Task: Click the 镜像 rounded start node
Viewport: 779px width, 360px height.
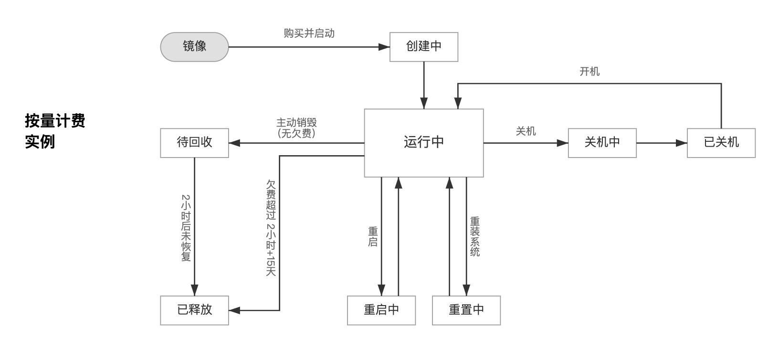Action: (x=194, y=47)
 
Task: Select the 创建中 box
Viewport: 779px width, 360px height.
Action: (x=424, y=47)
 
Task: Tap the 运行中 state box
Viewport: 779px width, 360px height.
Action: (x=424, y=143)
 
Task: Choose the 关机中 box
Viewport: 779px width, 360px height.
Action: (x=602, y=143)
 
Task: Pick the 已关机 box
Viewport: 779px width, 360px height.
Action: (x=721, y=143)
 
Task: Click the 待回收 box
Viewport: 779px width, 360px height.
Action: (x=194, y=143)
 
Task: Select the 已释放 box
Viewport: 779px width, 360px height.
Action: (x=194, y=310)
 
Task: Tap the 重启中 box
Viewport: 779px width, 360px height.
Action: (x=381, y=310)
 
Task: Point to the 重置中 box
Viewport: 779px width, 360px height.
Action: (x=466, y=310)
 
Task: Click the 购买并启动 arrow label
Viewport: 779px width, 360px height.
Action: (x=309, y=33)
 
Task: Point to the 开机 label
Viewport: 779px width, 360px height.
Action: (x=589, y=72)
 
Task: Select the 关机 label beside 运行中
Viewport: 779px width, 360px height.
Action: (x=526, y=131)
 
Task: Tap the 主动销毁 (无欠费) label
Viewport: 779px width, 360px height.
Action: (x=296, y=128)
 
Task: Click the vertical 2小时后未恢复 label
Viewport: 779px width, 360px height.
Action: (x=186, y=228)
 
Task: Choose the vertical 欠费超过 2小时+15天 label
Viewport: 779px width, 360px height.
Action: (x=271, y=228)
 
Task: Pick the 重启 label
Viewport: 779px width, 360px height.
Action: (x=373, y=237)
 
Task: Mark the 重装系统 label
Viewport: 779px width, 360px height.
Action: (x=475, y=237)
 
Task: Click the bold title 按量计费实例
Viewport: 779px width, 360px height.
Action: (x=55, y=131)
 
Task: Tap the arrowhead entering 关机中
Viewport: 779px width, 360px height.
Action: (x=563, y=143)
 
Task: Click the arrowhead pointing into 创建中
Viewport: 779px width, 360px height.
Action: (x=385, y=47)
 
